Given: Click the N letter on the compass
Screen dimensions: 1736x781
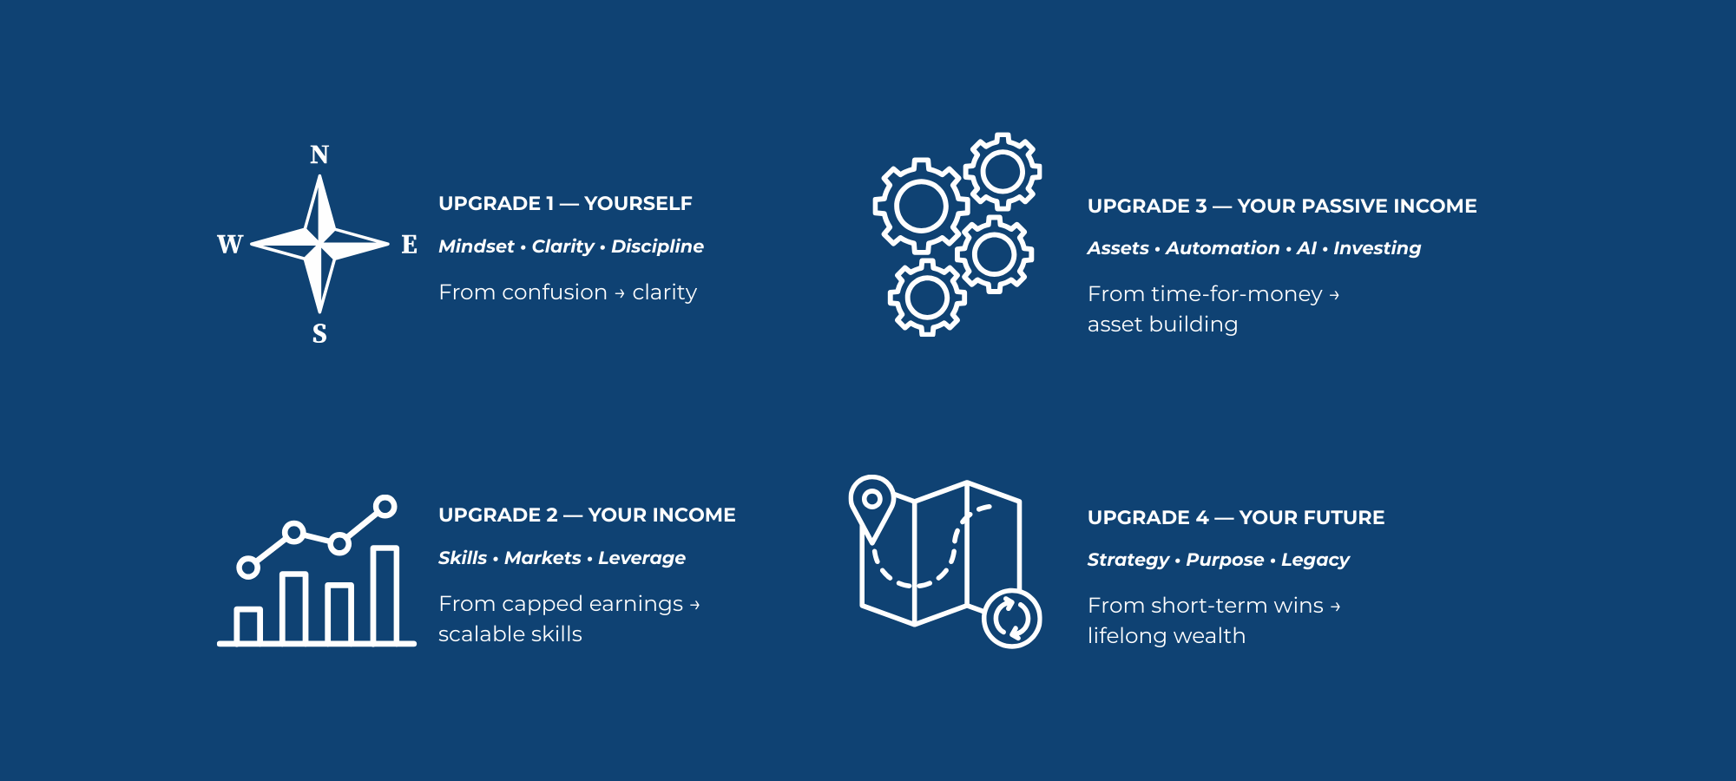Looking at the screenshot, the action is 319,154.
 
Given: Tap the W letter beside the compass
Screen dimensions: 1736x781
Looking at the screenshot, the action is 230,244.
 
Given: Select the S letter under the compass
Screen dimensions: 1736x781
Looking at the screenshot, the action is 319,333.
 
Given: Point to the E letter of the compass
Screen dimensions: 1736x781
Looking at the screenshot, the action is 409,244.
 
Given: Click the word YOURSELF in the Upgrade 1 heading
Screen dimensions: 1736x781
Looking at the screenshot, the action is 638,203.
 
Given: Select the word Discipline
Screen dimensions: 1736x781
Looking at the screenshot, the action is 657,246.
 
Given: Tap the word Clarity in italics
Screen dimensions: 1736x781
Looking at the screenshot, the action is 562,246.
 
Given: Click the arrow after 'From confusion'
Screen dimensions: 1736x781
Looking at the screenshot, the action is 620,293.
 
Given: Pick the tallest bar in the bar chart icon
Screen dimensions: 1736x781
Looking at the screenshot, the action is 385,594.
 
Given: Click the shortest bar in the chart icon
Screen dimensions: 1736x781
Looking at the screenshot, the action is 248,626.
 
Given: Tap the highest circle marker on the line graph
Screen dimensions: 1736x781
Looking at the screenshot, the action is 385,506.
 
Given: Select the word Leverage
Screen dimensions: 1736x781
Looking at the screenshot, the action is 641,558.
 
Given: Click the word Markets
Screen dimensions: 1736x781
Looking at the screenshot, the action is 542,558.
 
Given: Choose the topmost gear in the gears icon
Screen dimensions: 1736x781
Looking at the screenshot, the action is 1003,172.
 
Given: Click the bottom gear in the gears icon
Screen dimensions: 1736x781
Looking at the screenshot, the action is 927,297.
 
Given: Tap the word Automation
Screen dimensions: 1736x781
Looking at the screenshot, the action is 1222,248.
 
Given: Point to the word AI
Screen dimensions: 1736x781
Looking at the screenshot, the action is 1305,248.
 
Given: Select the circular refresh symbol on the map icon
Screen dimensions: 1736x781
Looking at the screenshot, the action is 1012,619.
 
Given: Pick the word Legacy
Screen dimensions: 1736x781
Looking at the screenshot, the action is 1315,560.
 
